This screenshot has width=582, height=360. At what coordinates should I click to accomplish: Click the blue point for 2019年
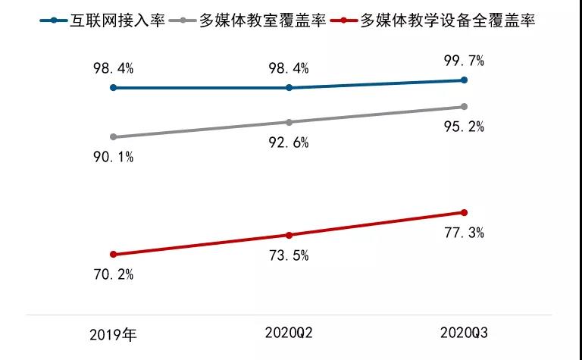click(x=114, y=88)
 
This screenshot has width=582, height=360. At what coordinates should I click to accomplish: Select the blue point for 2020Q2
click(x=289, y=88)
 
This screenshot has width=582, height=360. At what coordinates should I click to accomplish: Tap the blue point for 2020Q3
click(x=465, y=80)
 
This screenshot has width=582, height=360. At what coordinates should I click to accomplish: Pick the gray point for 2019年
click(x=114, y=137)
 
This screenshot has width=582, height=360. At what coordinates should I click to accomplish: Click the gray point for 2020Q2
click(x=289, y=122)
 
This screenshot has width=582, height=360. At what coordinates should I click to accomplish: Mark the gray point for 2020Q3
click(x=465, y=107)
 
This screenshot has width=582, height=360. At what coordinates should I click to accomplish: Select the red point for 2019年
click(x=114, y=255)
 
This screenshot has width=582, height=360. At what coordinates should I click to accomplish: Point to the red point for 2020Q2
click(x=289, y=235)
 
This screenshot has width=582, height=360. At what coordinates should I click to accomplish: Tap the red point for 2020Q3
click(x=465, y=212)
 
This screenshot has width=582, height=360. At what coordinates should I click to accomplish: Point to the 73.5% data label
click(x=289, y=255)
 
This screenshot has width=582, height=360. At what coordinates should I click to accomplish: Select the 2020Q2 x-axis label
click(x=289, y=332)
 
